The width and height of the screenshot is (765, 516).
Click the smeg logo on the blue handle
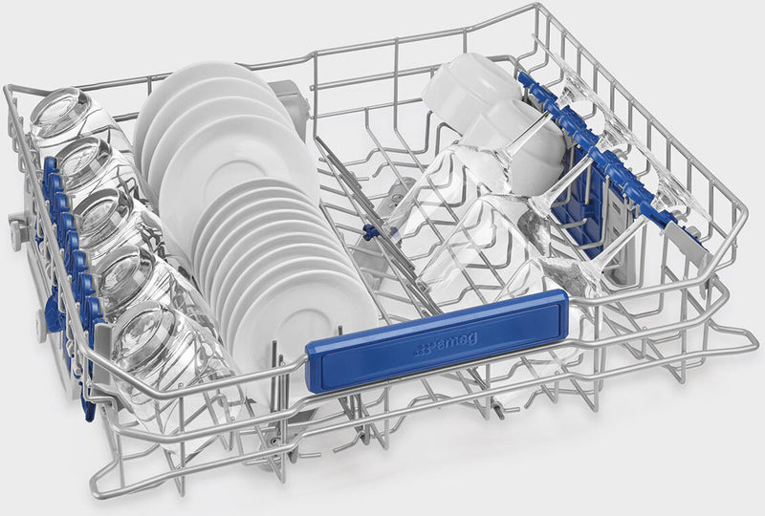(x=446, y=344)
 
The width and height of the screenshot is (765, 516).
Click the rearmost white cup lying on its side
(x=470, y=87)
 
